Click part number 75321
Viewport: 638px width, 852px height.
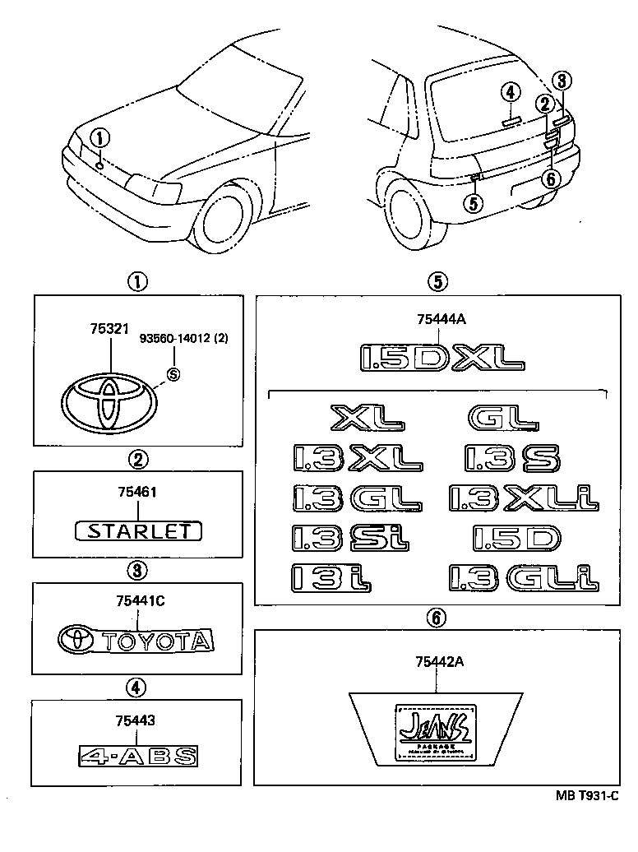coord(110,327)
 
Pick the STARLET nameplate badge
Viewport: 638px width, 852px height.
coord(137,530)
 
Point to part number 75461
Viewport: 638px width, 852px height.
coord(137,492)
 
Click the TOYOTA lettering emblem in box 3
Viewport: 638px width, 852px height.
coord(136,640)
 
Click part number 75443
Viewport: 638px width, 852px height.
coord(136,719)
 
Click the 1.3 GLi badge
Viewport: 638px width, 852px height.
coord(524,577)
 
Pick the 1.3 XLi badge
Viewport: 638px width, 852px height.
coord(524,498)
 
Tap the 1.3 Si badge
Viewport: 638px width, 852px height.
coord(349,538)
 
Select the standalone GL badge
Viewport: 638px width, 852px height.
coord(502,418)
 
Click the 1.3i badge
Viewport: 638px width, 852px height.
coord(332,577)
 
